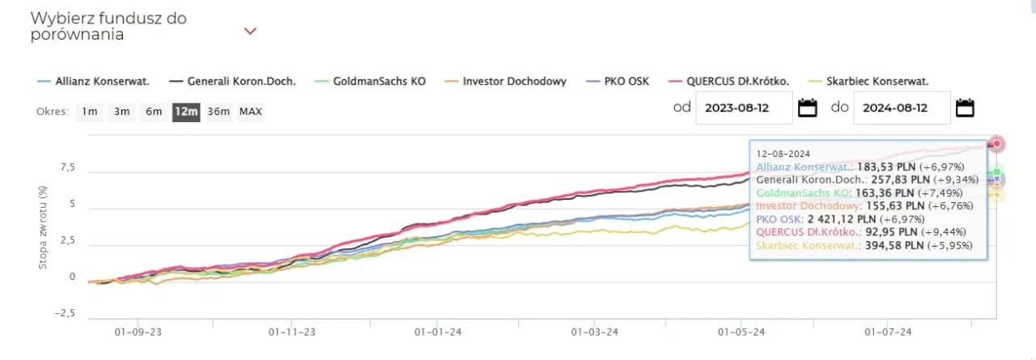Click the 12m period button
[185, 112]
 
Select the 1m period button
[90, 112]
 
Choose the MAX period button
[251, 112]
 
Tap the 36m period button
[219, 112]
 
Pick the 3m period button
[121, 112]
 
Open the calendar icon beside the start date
[807, 108]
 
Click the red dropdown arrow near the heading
[250, 32]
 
